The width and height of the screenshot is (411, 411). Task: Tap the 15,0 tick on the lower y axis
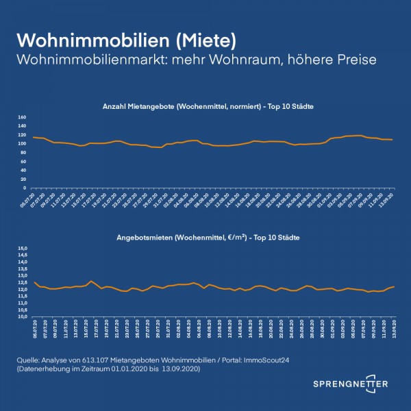21,248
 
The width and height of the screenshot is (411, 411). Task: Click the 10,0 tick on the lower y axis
21,317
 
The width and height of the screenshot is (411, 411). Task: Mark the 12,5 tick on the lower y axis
21,283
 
